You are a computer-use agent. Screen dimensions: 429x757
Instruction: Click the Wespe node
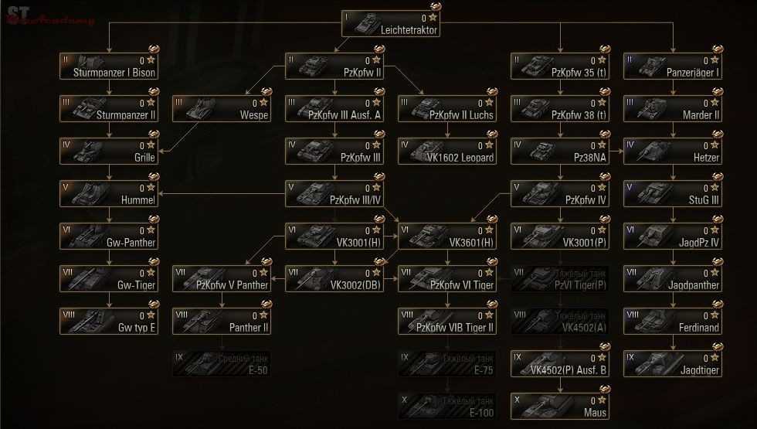click(x=222, y=107)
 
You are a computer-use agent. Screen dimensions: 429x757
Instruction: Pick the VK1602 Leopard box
click(x=447, y=150)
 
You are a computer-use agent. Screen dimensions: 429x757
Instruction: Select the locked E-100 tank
click(x=447, y=405)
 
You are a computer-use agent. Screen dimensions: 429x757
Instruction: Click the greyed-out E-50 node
click(x=222, y=363)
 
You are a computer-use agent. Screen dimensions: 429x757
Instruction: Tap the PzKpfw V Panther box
click(x=222, y=277)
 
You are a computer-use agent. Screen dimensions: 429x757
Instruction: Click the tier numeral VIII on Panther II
click(x=182, y=314)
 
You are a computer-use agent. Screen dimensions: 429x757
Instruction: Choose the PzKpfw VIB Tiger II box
click(x=447, y=320)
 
